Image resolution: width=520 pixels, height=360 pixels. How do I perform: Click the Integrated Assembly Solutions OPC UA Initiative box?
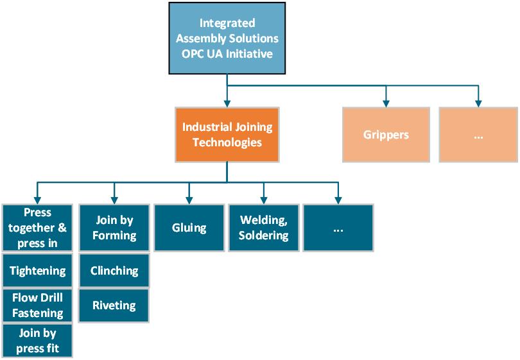[x=227, y=39]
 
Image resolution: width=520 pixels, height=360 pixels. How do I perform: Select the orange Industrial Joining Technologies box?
[x=227, y=134]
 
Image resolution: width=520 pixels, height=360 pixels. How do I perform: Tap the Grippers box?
[x=386, y=135]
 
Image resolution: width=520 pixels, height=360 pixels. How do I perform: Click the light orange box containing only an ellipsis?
[x=478, y=135]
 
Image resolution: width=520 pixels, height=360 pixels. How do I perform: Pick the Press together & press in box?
[x=37, y=228]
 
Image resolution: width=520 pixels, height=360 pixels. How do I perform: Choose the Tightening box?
[x=37, y=271]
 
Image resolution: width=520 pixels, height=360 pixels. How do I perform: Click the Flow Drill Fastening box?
[x=37, y=305]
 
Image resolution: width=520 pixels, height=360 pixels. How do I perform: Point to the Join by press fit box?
[x=37, y=341]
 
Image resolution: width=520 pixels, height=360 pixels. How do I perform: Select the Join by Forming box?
[x=114, y=228]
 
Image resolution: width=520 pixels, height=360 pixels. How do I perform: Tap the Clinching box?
[x=114, y=271]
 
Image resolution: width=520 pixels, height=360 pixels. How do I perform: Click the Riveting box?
[x=114, y=305]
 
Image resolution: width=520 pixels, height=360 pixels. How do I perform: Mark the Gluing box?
[x=189, y=228]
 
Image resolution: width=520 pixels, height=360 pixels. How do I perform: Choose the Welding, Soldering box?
[x=264, y=228]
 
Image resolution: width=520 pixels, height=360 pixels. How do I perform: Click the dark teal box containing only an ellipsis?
[x=338, y=228]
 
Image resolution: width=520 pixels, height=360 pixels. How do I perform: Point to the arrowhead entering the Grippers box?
[x=386, y=102]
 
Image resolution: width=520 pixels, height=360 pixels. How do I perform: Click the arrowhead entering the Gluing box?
[x=189, y=199]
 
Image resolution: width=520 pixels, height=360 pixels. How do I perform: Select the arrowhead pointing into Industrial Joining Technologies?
[x=227, y=102]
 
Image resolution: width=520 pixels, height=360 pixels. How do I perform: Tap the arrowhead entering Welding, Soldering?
[x=264, y=199]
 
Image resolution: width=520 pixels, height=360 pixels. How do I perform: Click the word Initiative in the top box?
[x=248, y=54]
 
